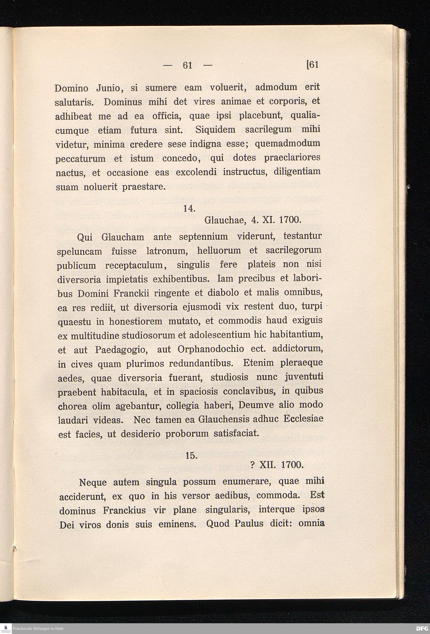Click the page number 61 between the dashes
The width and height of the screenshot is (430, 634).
[x=187, y=66]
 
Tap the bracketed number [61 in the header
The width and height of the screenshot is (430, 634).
[x=312, y=65]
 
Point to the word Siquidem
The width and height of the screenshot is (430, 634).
[x=215, y=129]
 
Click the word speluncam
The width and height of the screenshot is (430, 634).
[x=79, y=251]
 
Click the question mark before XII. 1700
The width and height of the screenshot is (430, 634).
[x=252, y=465]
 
